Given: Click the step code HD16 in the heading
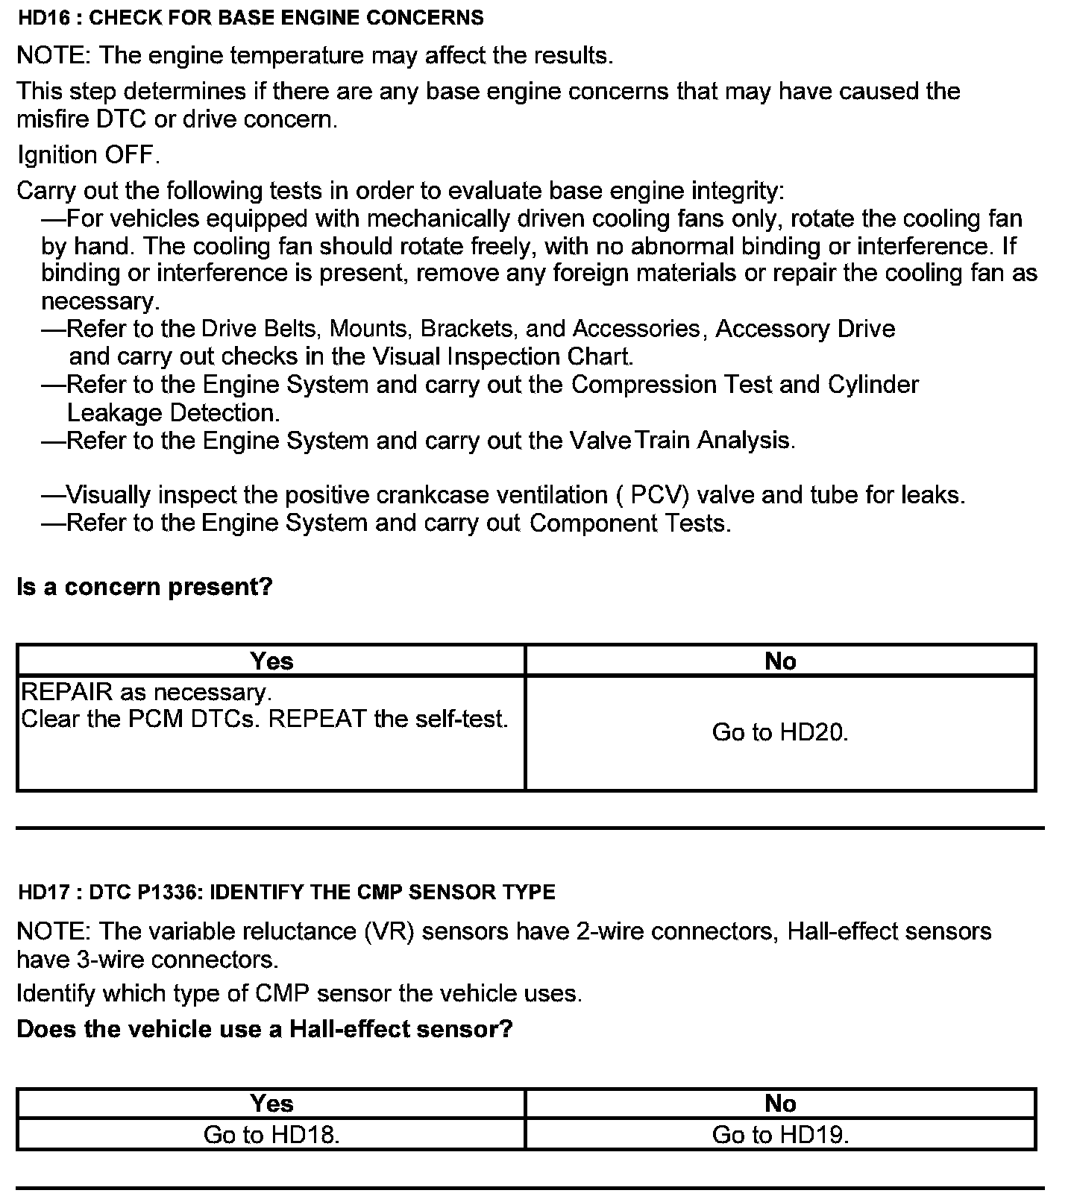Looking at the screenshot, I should [x=43, y=18].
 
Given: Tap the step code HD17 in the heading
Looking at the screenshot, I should [x=43, y=892].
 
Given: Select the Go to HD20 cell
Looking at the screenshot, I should [x=780, y=732].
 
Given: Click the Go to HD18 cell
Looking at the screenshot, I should [x=271, y=1135].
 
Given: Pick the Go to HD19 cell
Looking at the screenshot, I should [x=780, y=1135].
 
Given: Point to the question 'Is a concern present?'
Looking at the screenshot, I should [x=145, y=587].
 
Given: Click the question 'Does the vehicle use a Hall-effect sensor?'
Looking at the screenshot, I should [x=265, y=1029].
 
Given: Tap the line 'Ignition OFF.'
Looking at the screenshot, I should [x=88, y=155].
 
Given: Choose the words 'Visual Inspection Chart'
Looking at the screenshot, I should [x=539, y=356].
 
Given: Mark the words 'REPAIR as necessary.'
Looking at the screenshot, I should [x=146, y=692].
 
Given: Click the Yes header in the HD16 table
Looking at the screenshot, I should [x=271, y=661].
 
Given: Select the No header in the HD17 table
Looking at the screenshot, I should [x=780, y=1104].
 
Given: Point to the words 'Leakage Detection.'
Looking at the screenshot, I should [x=173, y=413].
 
